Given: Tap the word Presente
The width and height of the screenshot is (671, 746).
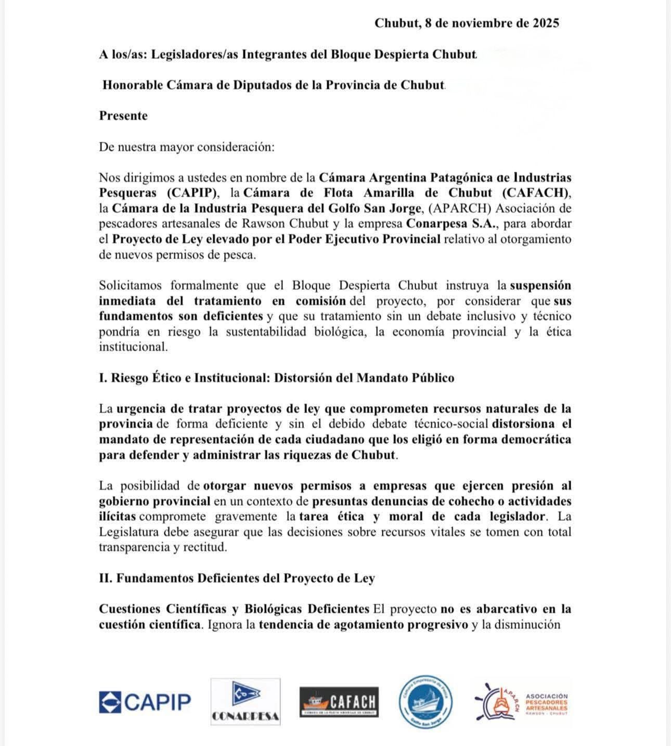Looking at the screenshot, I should point(123,115).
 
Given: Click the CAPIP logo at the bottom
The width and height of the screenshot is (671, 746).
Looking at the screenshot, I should point(145,702).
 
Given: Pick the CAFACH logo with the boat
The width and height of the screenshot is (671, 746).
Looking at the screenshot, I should point(339,702).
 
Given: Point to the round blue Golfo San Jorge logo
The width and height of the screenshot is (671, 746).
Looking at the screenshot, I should point(425,702).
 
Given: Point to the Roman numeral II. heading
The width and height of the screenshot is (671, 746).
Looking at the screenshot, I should point(106,578).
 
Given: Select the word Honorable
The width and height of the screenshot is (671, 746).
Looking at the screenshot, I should point(132,85).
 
